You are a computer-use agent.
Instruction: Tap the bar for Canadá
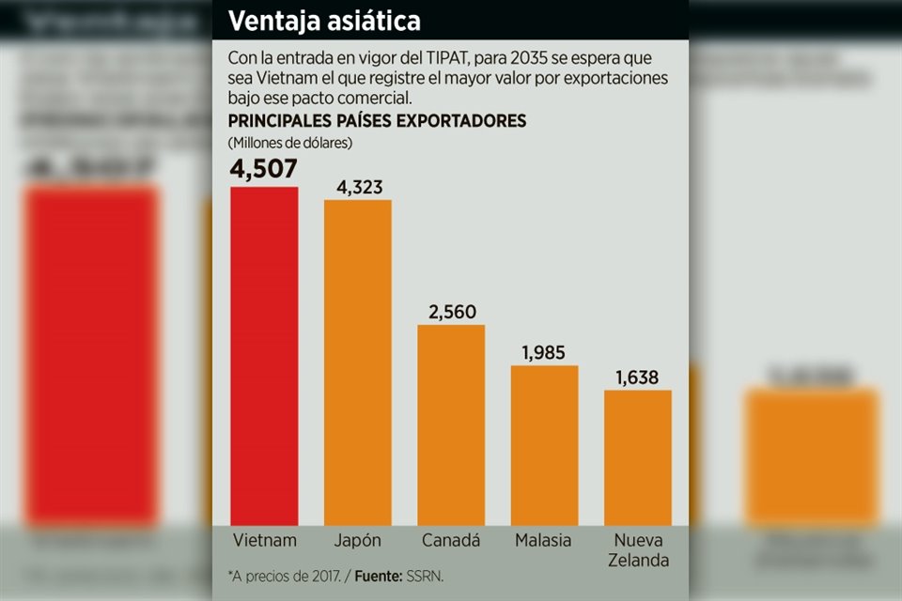click(x=451, y=424)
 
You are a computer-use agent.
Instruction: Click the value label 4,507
click(x=264, y=169)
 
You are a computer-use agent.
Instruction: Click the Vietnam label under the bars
click(x=264, y=540)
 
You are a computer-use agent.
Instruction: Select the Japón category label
click(x=357, y=540)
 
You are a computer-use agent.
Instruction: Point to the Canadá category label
click(x=451, y=540)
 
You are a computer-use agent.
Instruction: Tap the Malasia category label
click(x=544, y=540)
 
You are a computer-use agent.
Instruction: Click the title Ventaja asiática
click(x=324, y=20)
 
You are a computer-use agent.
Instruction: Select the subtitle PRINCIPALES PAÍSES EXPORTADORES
click(x=377, y=121)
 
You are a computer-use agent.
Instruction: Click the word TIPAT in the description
click(x=425, y=56)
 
